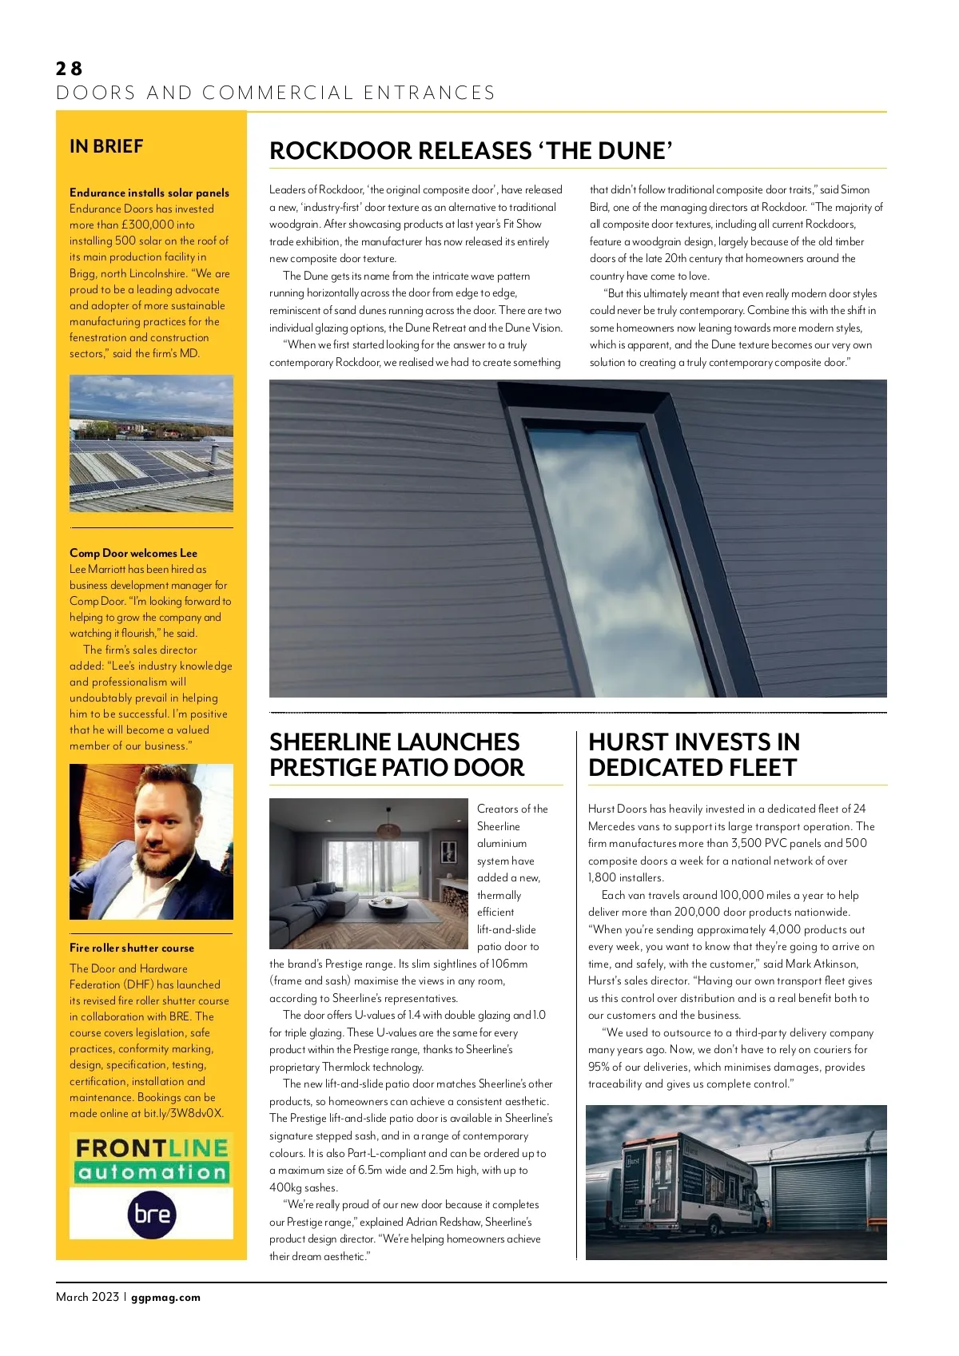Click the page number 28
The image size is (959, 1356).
tap(70, 69)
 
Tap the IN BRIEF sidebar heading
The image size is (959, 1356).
tap(106, 146)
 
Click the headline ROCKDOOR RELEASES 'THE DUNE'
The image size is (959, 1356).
tap(471, 151)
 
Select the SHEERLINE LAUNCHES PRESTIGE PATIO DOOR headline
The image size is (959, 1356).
tap(396, 754)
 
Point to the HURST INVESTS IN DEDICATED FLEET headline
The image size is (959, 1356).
tap(694, 754)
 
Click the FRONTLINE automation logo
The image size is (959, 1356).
tap(152, 1159)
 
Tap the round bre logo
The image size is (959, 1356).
tap(152, 1214)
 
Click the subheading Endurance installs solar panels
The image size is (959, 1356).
tap(149, 193)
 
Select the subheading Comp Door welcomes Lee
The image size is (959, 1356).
tap(133, 553)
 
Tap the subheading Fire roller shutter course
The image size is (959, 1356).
tap(132, 948)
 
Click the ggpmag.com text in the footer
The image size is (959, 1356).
tap(165, 1297)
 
